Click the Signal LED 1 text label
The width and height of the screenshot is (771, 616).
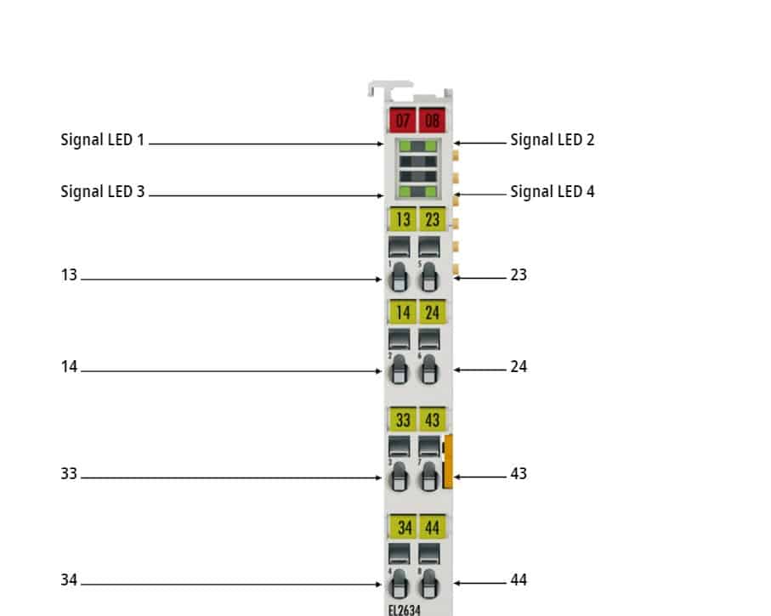[102, 139]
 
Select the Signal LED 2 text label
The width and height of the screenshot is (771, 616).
[553, 139]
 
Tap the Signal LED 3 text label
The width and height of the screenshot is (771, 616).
[102, 191]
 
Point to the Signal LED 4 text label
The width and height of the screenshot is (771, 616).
[553, 191]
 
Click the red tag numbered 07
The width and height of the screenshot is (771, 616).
[402, 120]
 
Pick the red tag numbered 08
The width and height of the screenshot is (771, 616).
[432, 120]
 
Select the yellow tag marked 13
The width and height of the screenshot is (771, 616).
[403, 218]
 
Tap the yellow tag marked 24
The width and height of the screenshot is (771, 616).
[432, 312]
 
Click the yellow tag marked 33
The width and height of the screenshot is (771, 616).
[403, 420]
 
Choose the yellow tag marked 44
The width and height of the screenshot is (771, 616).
[432, 527]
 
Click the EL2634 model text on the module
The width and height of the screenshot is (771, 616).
[404, 610]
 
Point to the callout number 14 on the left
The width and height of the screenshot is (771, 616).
[69, 367]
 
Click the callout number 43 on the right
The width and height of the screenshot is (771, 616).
[519, 473]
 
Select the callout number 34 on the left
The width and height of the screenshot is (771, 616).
[69, 580]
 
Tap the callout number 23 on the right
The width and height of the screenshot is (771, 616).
[519, 274]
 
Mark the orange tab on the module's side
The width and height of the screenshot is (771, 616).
[448, 461]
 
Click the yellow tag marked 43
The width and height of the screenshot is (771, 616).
[432, 420]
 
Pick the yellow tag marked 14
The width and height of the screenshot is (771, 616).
[403, 312]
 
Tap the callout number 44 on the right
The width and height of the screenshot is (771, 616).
[519, 580]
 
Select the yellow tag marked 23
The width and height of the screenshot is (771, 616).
[432, 218]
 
